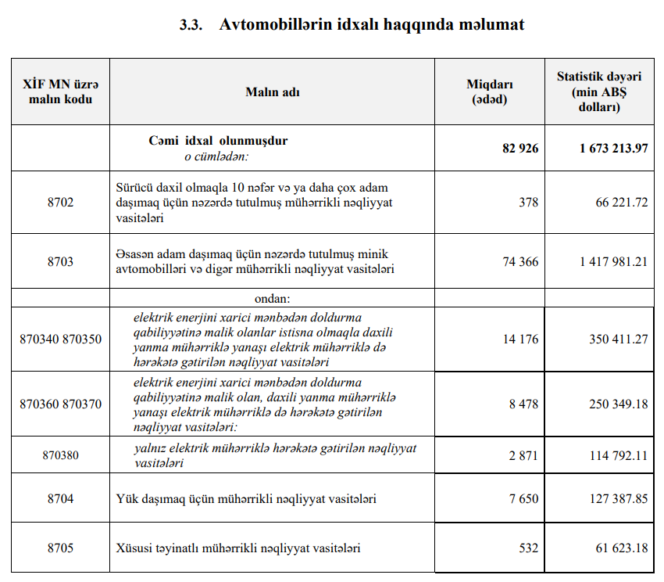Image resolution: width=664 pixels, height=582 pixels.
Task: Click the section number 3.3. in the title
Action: [191, 25]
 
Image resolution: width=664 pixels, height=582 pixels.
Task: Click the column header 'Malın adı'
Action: [273, 92]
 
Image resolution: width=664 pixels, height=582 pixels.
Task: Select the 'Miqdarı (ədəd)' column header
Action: [489, 92]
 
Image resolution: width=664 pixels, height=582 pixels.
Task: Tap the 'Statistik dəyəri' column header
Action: [599, 92]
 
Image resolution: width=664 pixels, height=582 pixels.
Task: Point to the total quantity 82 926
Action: [520, 148]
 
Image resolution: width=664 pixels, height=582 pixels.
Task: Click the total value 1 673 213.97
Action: [613, 148]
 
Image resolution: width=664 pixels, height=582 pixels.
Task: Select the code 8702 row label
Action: [60, 203]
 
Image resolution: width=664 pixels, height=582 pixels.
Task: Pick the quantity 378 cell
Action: [528, 203]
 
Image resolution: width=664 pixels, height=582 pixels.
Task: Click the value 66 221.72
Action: [621, 203]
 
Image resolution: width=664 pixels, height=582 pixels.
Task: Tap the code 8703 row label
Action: [60, 261]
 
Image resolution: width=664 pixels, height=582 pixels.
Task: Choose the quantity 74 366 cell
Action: [520, 261]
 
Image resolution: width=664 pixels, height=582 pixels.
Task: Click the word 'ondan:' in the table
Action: [272, 299]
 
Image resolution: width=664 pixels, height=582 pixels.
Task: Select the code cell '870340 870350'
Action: [60, 339]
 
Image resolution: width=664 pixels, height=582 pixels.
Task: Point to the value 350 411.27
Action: [618, 339]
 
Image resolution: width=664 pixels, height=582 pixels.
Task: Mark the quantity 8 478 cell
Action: [523, 404]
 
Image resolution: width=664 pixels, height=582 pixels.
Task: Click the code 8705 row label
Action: [60, 548]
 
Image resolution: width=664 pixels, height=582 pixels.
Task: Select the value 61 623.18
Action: [621, 548]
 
